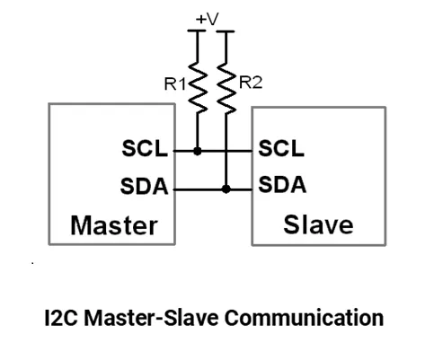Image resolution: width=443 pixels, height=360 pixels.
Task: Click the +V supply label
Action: coord(207,19)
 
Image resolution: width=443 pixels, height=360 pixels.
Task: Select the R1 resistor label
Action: coord(175,83)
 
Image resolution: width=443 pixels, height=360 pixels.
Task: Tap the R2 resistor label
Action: coord(251,83)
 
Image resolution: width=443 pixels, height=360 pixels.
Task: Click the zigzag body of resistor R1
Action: coord(198,87)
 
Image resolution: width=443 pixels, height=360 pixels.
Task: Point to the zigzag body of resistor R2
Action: coord(226,89)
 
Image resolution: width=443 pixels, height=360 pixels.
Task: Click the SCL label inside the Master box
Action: coord(145,148)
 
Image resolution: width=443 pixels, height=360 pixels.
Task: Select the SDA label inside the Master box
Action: coord(144,186)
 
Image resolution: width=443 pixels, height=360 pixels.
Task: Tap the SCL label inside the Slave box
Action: coord(281,148)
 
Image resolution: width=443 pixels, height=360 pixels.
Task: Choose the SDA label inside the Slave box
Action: coord(282,185)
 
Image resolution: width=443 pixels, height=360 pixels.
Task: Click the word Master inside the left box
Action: coord(114,225)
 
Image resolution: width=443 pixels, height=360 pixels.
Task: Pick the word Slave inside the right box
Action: coord(318,224)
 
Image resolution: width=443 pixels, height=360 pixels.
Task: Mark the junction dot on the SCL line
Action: coord(198,151)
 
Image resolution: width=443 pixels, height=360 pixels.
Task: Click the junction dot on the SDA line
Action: coord(226,189)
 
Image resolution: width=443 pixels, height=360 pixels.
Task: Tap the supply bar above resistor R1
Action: coord(197,31)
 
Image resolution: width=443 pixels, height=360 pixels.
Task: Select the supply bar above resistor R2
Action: coord(226,31)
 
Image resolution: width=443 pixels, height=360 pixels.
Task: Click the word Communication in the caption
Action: coord(304,318)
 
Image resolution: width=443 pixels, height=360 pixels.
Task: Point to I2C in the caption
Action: coord(61,318)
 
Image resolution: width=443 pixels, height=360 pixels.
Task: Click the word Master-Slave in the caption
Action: coord(151,318)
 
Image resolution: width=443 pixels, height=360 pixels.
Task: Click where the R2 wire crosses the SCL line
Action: coord(226,151)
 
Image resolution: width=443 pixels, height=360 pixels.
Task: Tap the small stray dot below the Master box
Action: coord(32,263)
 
